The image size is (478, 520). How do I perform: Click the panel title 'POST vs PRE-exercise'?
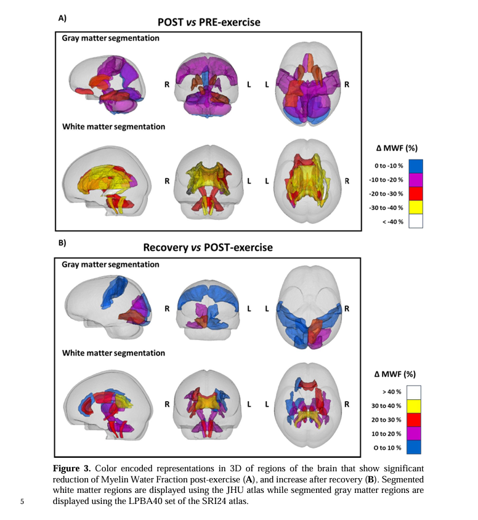coord(209,22)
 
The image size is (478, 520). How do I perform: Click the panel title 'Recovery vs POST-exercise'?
coord(208,248)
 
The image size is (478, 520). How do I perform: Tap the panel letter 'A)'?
coord(62,18)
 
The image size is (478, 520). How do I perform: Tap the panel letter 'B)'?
coord(62,243)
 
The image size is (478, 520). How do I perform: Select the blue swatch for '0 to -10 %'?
coord(415,166)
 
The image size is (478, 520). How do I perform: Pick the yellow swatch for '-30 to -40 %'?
coord(415,208)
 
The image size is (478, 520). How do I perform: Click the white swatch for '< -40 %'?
coord(415,221)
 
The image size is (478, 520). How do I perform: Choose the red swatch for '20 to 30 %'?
coord(415,420)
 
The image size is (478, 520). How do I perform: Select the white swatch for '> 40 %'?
coord(415,392)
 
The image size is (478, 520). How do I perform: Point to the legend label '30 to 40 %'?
coord(387,405)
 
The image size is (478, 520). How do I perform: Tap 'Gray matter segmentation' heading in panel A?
coord(110,38)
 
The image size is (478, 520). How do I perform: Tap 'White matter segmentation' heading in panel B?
coord(113,353)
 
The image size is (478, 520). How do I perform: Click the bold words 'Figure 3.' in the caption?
coord(72,469)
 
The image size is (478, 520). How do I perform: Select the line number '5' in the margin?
coord(22,501)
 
